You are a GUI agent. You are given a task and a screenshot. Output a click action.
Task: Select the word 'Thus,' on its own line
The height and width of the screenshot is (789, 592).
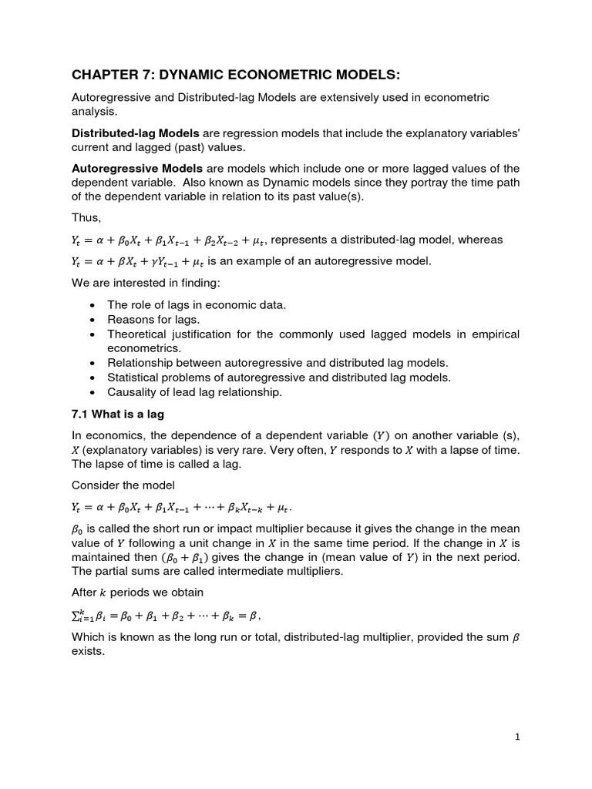click(86, 218)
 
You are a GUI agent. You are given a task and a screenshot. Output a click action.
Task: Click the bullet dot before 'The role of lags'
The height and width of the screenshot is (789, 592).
click(93, 305)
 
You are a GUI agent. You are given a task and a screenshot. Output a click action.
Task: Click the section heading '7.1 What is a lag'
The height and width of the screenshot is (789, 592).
click(118, 414)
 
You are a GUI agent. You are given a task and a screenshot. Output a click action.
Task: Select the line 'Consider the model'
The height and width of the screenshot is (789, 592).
click(123, 485)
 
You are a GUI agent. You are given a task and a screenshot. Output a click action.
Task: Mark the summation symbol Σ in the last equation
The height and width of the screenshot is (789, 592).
click(76, 614)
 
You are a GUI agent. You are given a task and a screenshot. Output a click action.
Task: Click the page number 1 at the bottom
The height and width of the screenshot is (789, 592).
click(517, 737)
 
